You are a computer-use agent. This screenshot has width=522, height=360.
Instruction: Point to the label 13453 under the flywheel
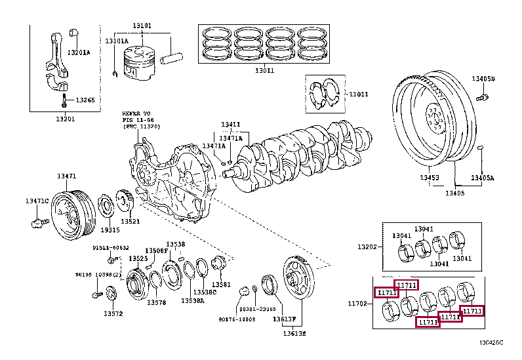coord(430,178)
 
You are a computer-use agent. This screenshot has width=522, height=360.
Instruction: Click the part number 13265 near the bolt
coord(85,100)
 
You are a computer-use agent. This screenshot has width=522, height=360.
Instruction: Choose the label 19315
coord(110,230)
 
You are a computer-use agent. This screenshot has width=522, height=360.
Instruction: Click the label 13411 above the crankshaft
coord(230,124)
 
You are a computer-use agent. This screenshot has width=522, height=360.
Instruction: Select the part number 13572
coord(112,314)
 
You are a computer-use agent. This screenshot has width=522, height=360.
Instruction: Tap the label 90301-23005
coord(257,309)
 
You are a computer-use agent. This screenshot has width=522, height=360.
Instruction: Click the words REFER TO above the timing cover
coord(136,113)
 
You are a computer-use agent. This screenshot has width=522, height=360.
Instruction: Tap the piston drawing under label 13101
coord(140,63)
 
